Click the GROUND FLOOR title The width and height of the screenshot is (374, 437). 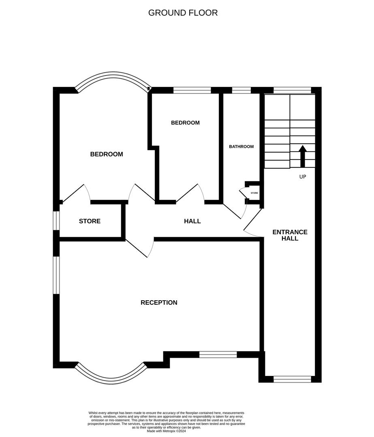click(x=183, y=13)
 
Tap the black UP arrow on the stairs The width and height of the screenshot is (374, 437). click(x=302, y=156)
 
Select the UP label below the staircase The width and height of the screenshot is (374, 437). click(x=302, y=177)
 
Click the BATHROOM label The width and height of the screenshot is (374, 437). click(x=241, y=146)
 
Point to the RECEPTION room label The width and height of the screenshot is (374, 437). click(x=159, y=303)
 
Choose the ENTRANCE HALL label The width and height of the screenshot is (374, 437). click(x=290, y=235)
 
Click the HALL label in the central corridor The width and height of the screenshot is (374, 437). click(x=192, y=221)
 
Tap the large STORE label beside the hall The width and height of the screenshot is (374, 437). click(x=90, y=221)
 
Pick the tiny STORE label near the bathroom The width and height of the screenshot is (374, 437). click(x=254, y=193)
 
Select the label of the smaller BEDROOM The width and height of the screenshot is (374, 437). click(x=185, y=123)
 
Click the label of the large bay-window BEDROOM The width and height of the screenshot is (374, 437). click(x=106, y=154)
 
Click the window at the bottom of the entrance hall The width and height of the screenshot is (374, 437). click(x=292, y=379)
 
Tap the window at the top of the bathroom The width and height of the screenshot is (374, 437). click(x=241, y=90)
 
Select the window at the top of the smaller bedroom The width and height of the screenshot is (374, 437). click(x=192, y=90)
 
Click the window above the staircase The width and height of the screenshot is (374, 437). click(x=292, y=90)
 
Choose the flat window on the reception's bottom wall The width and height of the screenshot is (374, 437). click(x=218, y=355)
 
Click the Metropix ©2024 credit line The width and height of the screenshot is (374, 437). click(x=166, y=431)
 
